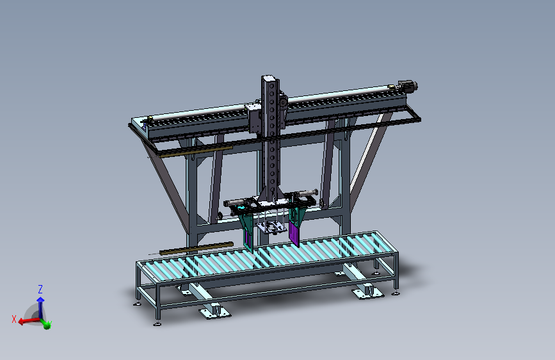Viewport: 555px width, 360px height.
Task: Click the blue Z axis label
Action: pyautogui.click(x=40, y=289)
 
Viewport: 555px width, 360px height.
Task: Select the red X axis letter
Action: pyautogui.click(x=14, y=318)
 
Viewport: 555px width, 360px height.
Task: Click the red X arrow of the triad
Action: pyautogui.click(x=27, y=321)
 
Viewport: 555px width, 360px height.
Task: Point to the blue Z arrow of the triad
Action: pyautogui.click(x=40, y=304)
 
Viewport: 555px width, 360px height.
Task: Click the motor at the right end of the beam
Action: pyautogui.click(x=407, y=86)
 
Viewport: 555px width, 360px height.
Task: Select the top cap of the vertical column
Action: pyautogui.click(x=269, y=79)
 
